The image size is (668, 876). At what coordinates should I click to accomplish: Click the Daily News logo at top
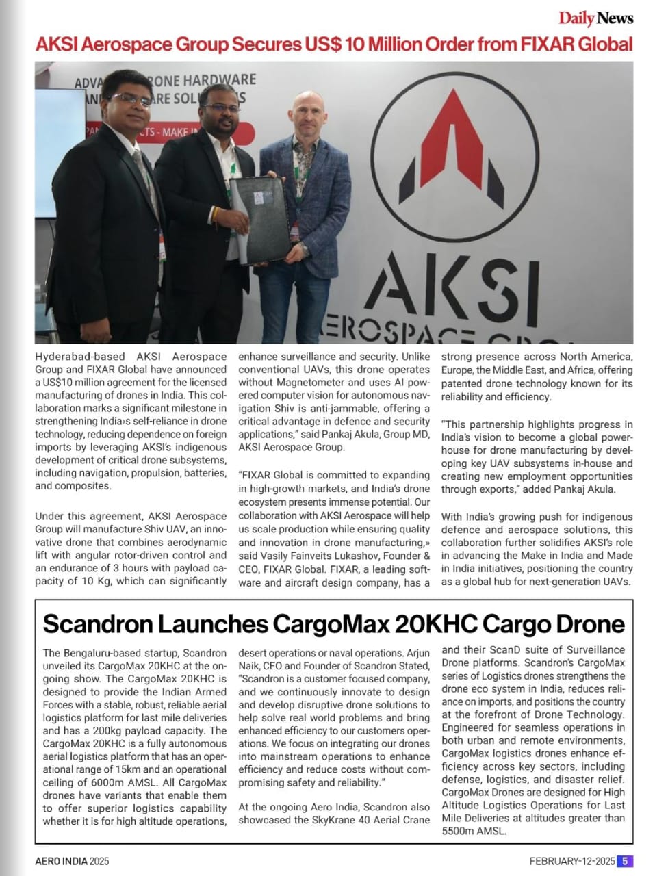click(x=595, y=18)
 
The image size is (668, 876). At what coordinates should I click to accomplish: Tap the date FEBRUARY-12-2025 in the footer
click(x=571, y=861)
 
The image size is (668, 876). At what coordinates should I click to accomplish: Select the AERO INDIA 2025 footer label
click(x=72, y=861)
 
